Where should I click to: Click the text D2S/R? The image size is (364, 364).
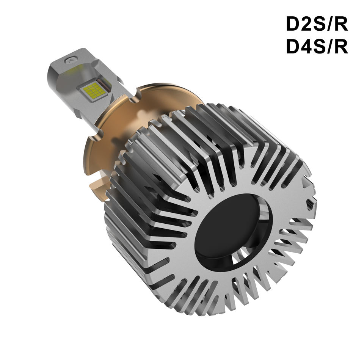pyautogui.click(x=317, y=25)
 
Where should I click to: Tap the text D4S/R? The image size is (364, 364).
pyautogui.click(x=317, y=47)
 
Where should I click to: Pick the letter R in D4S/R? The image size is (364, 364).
pyautogui.click(x=341, y=47)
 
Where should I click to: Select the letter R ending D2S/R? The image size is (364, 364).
pyautogui.click(x=341, y=25)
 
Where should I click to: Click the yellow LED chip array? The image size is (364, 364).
pyautogui.click(x=94, y=90)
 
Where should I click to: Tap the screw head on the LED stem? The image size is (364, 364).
pyautogui.click(x=71, y=60)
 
